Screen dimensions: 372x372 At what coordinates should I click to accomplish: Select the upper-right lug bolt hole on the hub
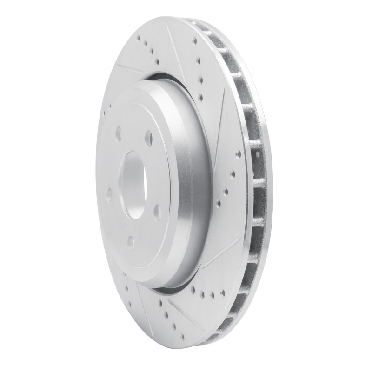coord(148,138)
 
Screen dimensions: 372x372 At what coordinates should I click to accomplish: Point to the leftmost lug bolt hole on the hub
coord(109,194)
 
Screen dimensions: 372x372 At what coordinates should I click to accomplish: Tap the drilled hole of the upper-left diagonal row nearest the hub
coord(157,61)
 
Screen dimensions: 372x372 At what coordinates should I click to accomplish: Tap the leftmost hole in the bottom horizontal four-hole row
coord(193,289)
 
